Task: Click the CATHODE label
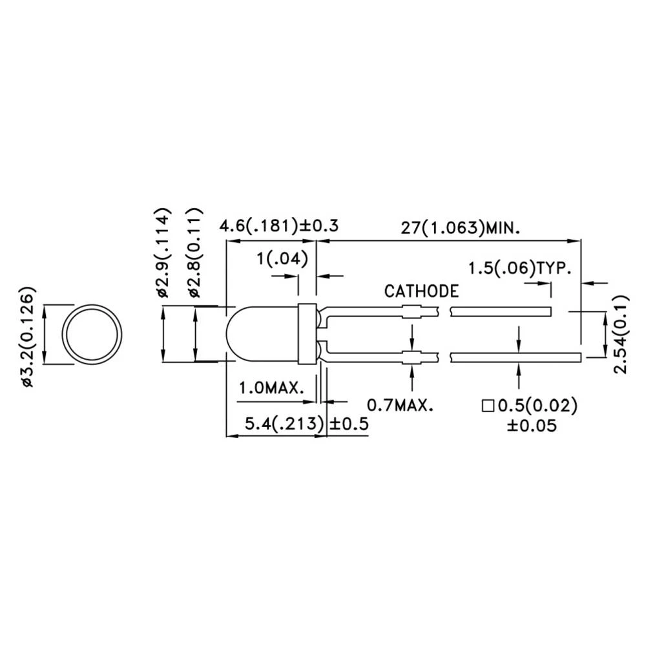tap(421, 291)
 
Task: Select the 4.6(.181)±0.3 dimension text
tap(279, 227)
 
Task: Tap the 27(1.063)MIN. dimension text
tap(461, 227)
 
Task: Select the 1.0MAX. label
tap(272, 388)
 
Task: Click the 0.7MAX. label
tap(399, 405)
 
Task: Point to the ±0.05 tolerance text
tap(532, 426)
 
